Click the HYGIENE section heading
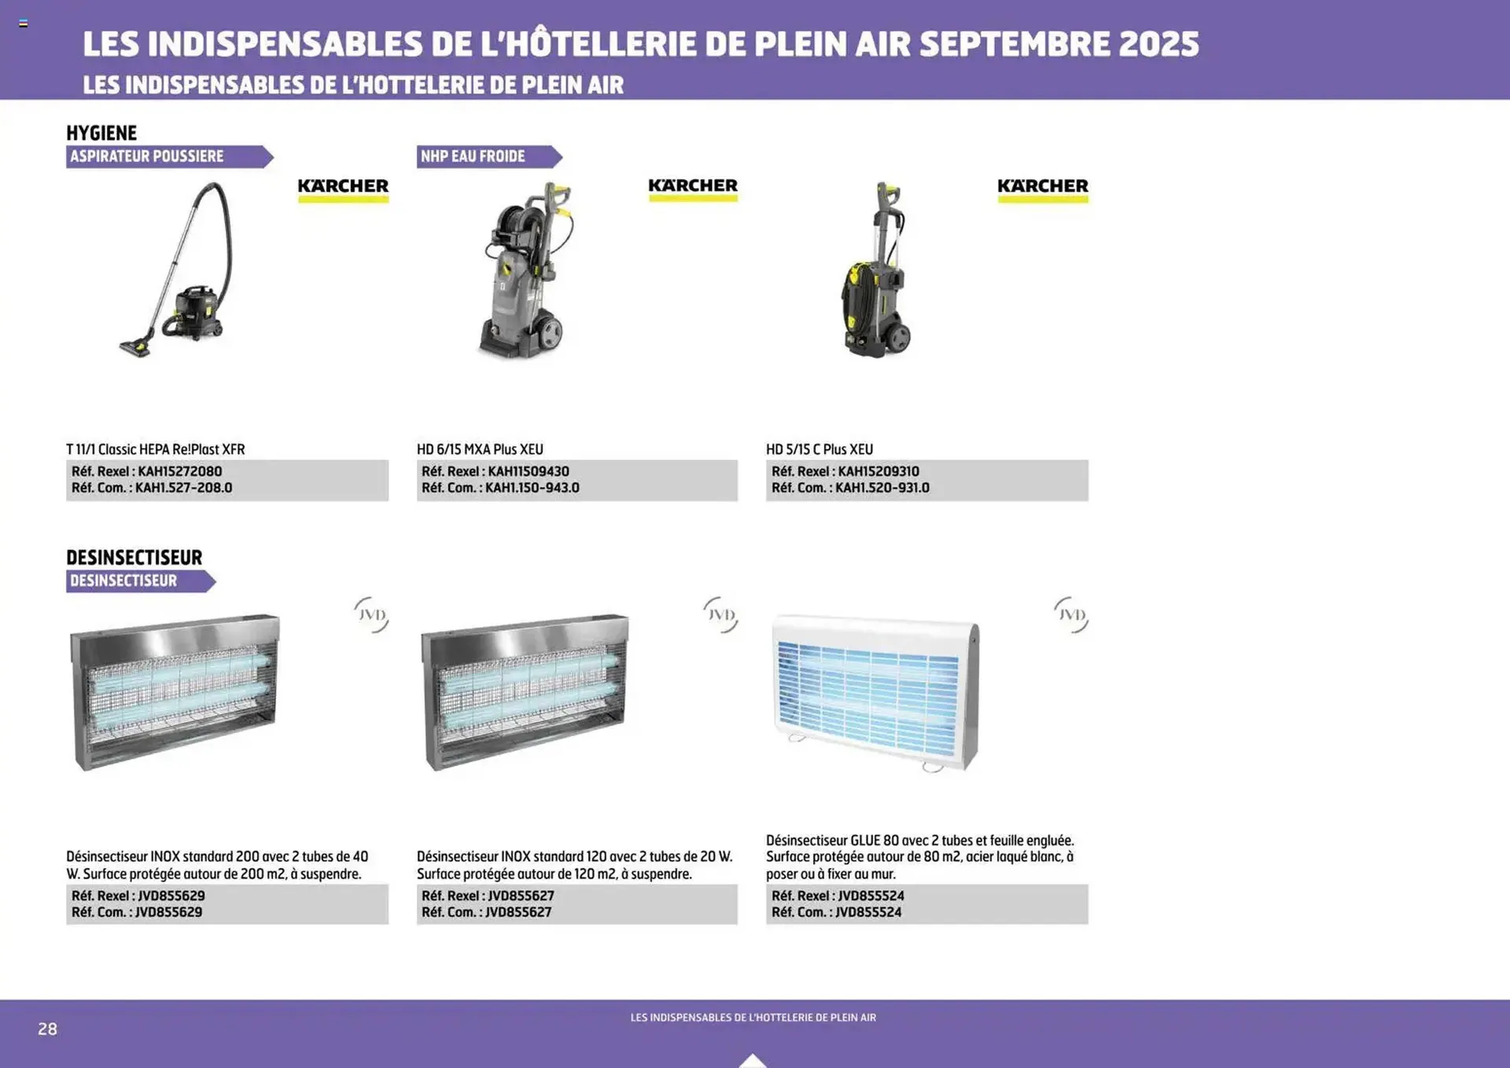click(101, 133)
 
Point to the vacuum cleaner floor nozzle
click(135, 346)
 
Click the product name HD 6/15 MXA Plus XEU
click(480, 449)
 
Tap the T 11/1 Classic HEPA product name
click(155, 449)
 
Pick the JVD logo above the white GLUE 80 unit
click(1071, 614)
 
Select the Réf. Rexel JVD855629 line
click(138, 895)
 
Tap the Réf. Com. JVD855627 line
click(486, 911)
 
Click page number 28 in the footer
click(47, 1029)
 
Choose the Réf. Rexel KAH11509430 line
click(495, 471)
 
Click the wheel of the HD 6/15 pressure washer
click(551, 333)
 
